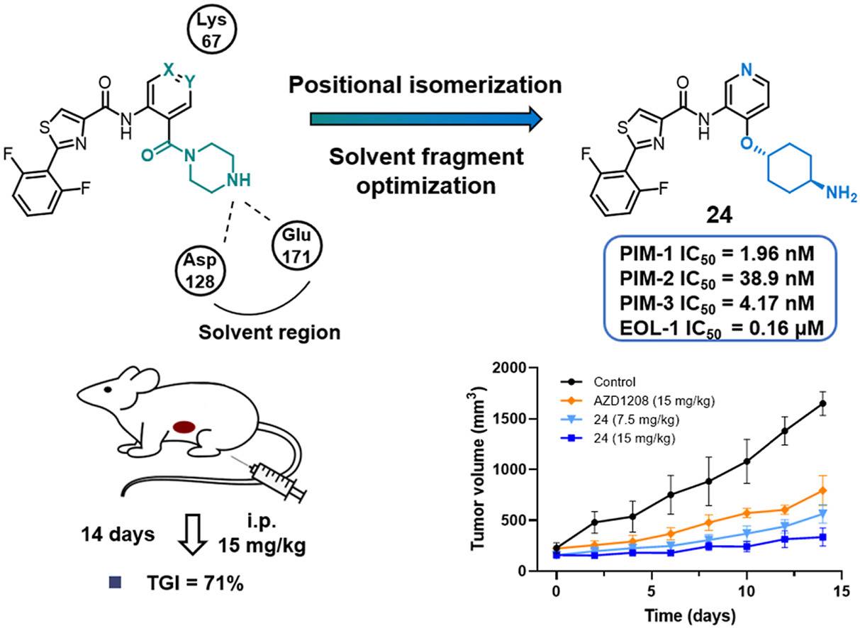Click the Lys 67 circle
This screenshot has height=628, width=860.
coord(210,33)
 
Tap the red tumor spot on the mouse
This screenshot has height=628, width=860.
coord(184,427)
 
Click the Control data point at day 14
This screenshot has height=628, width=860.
coord(822,403)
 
